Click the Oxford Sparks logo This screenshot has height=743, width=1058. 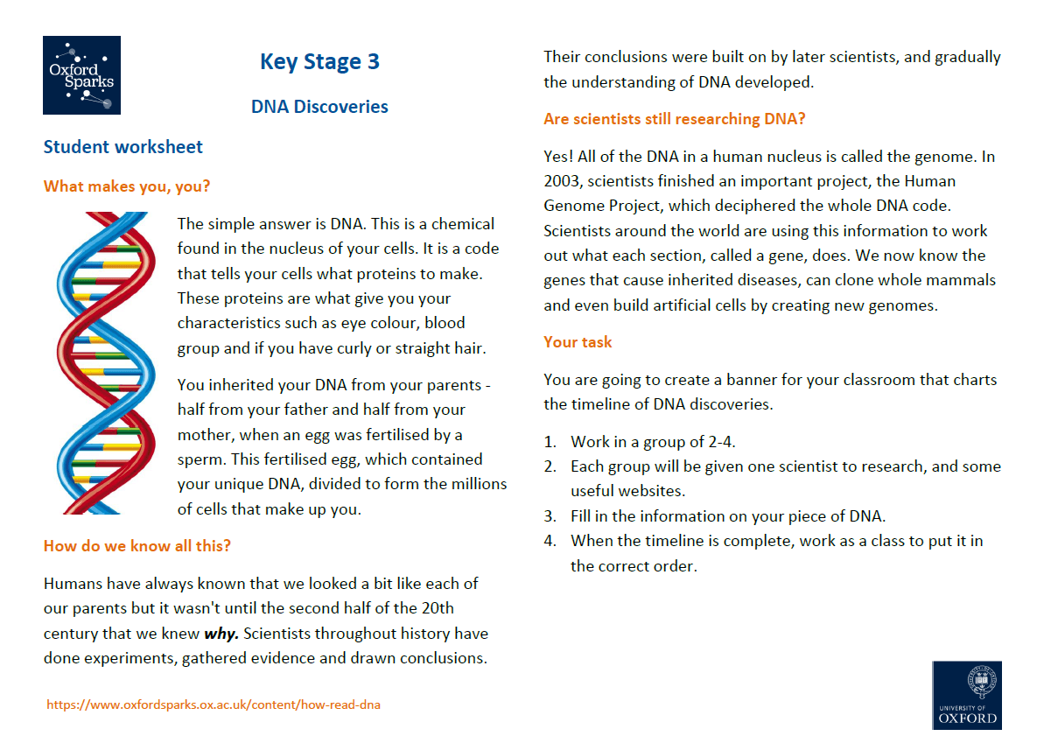(x=81, y=75)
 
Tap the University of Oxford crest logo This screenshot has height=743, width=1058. (x=967, y=695)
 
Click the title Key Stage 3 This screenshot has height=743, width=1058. (x=319, y=62)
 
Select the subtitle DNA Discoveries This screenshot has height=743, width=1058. (x=319, y=107)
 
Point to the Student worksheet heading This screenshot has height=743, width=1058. (x=123, y=147)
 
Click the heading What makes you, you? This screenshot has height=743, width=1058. (x=127, y=186)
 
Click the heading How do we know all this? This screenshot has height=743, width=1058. (x=137, y=546)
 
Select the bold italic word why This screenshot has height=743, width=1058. (x=221, y=634)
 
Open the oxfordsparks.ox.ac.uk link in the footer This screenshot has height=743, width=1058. (x=214, y=704)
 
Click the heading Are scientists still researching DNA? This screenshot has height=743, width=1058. (x=674, y=119)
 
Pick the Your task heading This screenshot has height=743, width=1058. (x=578, y=342)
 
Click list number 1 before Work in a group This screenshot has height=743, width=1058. (x=550, y=442)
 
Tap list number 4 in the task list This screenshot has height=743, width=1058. (x=550, y=541)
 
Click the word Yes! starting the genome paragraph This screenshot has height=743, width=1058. (x=560, y=158)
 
